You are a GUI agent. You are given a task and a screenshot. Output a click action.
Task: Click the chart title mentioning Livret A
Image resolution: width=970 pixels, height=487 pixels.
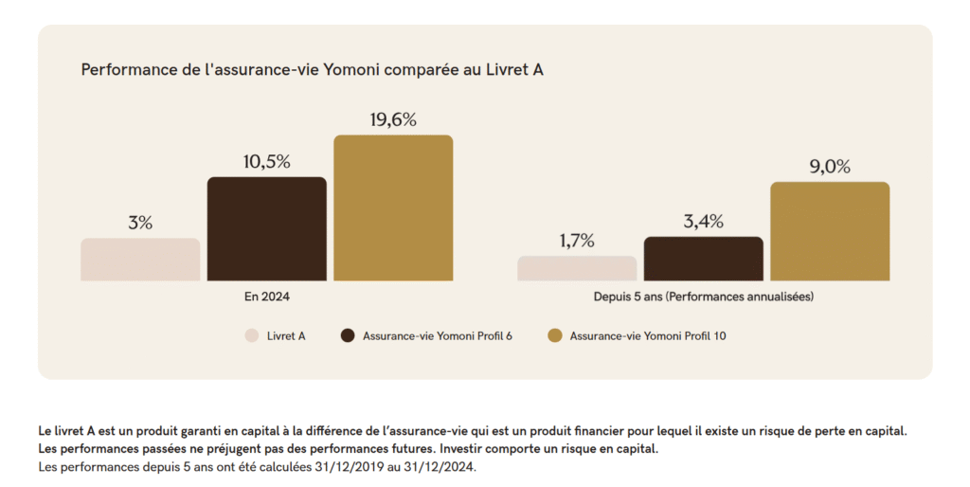(x=312, y=69)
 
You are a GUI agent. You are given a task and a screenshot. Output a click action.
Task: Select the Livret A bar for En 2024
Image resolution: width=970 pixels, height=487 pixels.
(x=140, y=260)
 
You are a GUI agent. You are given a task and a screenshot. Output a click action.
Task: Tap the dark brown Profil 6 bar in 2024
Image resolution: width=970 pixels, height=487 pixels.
(x=266, y=228)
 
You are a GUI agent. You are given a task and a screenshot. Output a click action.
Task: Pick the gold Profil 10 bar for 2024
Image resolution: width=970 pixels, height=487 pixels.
(x=393, y=207)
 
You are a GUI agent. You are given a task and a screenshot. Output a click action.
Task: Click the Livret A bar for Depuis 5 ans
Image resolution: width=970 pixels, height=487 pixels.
(x=577, y=268)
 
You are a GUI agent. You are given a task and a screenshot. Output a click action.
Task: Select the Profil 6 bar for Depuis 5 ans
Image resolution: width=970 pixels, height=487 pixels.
(x=703, y=259)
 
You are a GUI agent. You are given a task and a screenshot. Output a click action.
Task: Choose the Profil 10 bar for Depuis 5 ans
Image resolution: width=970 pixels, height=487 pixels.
(x=830, y=231)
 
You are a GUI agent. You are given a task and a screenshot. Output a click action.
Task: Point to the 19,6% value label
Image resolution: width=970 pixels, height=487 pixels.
(x=393, y=119)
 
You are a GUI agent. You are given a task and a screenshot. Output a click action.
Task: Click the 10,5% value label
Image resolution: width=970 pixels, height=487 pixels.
(x=266, y=162)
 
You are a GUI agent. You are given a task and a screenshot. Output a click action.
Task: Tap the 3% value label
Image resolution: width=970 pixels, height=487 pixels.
(x=140, y=224)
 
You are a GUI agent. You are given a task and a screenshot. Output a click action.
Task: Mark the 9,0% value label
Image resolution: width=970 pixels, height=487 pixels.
(x=830, y=167)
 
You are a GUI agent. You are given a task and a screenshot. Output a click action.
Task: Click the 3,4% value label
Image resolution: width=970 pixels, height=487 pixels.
(x=703, y=223)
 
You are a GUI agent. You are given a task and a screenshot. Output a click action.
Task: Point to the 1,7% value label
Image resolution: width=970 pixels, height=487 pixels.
(x=577, y=241)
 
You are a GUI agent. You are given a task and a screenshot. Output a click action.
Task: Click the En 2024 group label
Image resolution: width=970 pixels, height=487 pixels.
(x=266, y=297)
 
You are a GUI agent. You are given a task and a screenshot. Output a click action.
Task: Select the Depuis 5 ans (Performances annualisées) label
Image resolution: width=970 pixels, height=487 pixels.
(x=704, y=297)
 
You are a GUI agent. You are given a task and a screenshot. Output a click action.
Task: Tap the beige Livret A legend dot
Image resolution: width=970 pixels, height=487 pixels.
(x=252, y=335)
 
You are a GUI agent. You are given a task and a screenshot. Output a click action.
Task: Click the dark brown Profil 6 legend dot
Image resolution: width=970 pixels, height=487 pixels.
(x=348, y=335)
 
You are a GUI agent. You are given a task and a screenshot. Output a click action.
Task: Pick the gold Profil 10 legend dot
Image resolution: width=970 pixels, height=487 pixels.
(x=555, y=335)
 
